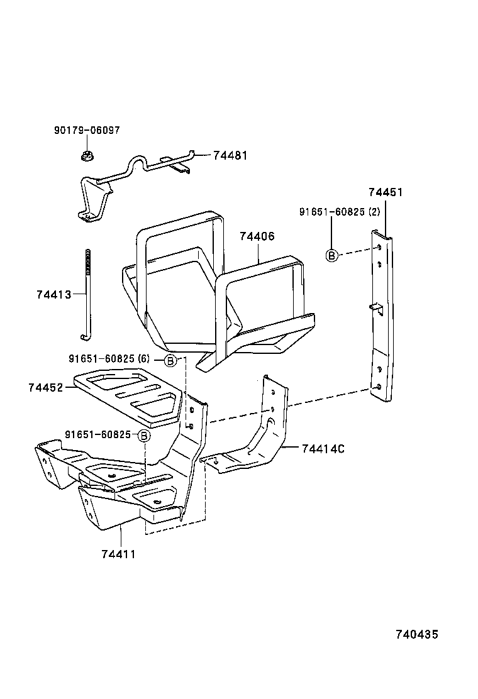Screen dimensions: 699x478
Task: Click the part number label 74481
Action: pyautogui.click(x=230, y=155)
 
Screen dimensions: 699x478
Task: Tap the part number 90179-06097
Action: pyautogui.click(x=87, y=130)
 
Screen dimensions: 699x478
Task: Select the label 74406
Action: pyautogui.click(x=257, y=236)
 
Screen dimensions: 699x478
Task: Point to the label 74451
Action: pyautogui.click(x=385, y=192)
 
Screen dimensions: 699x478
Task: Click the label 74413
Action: pyautogui.click(x=53, y=294)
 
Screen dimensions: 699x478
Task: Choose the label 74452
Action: pyautogui.click(x=45, y=388)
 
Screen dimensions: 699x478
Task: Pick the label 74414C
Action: pyautogui.click(x=323, y=449)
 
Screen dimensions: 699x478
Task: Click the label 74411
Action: pyautogui.click(x=118, y=554)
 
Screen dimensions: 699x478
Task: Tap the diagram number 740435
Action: pyautogui.click(x=416, y=634)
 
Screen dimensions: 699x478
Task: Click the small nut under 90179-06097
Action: pyautogui.click(x=87, y=155)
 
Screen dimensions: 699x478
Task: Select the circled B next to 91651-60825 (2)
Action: pyautogui.click(x=331, y=255)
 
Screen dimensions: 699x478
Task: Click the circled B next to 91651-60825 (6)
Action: pyautogui.click(x=170, y=360)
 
